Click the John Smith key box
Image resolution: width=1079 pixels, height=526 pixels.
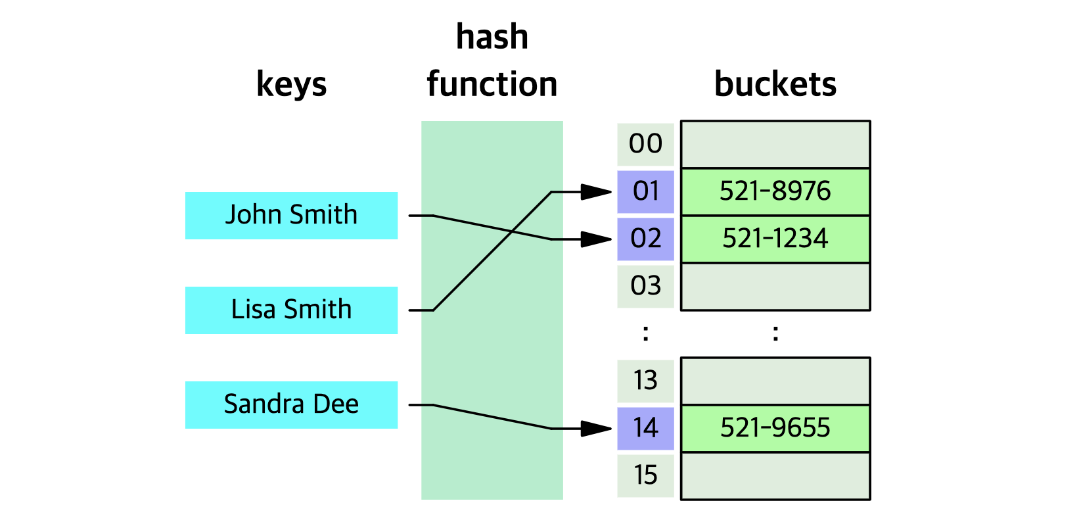[x=291, y=215]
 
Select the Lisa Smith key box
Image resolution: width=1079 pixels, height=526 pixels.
[x=291, y=310]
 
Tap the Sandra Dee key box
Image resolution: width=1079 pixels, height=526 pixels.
[x=291, y=404]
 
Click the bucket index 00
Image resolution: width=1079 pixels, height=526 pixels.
[x=645, y=144]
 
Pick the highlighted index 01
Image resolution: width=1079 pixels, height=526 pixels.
[x=645, y=191]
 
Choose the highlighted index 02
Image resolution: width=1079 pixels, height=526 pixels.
[x=645, y=239]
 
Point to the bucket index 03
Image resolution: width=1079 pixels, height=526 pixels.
[x=645, y=286]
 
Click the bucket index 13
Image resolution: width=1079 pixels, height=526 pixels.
[x=645, y=381]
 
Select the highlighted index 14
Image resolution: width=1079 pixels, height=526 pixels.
[x=645, y=428]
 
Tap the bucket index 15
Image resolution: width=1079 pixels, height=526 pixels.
[x=645, y=475]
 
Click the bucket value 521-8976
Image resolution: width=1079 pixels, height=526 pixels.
[x=775, y=191]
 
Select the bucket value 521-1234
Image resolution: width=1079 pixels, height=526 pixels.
[x=775, y=239]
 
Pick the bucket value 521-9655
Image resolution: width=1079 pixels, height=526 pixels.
[x=775, y=428]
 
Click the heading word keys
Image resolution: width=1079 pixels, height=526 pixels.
[x=291, y=85]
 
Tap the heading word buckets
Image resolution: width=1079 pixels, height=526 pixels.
[x=775, y=85]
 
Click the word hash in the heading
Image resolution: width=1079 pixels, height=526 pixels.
[x=492, y=37]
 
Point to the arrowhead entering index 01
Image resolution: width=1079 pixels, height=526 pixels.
[x=598, y=192]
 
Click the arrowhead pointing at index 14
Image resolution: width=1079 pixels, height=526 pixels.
[x=598, y=429]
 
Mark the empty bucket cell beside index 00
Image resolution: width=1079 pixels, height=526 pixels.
[x=775, y=144]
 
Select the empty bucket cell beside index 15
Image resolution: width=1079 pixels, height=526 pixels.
[x=775, y=475]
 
